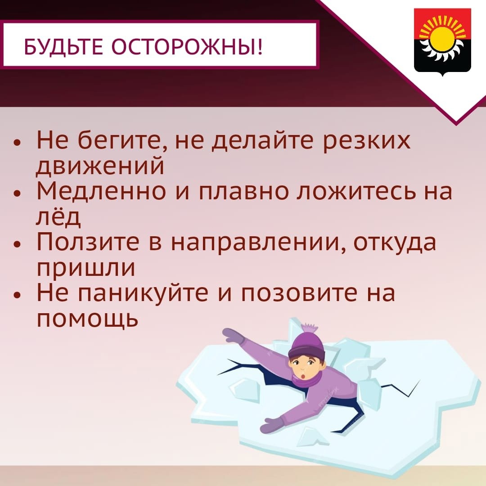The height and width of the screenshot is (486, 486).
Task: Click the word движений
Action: [100, 166]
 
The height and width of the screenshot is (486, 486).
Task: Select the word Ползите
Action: [88, 242]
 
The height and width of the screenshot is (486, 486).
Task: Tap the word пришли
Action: [86, 268]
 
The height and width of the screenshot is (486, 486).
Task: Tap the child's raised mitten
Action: [234, 336]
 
